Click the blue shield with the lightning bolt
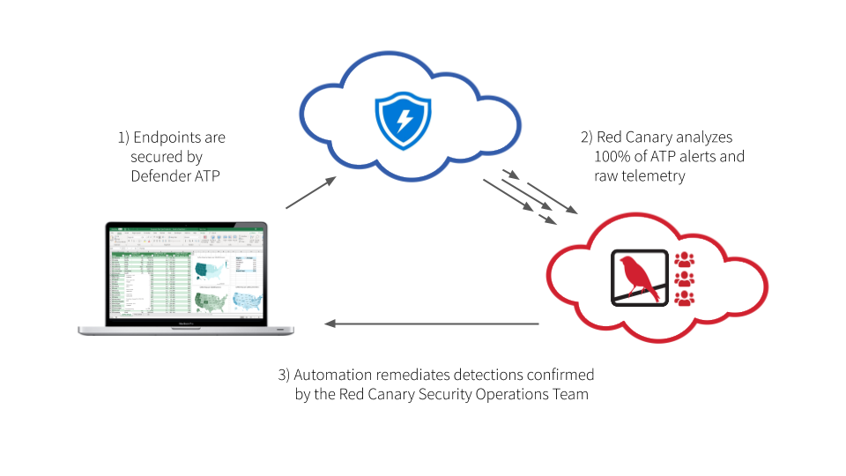click(x=403, y=121)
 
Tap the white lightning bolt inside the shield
click(x=404, y=119)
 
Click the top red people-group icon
click(x=684, y=260)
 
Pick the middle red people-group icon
click(x=684, y=279)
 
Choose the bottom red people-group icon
click(x=684, y=298)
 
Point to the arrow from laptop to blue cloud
click(x=310, y=193)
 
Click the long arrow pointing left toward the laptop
click(x=432, y=324)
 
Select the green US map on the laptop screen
click(x=211, y=301)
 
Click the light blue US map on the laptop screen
click(x=246, y=301)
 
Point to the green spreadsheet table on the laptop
click(x=150, y=282)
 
